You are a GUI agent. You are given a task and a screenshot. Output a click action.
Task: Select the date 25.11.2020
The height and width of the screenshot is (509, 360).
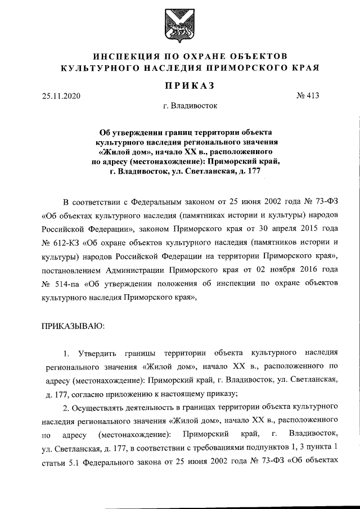tap(61, 96)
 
